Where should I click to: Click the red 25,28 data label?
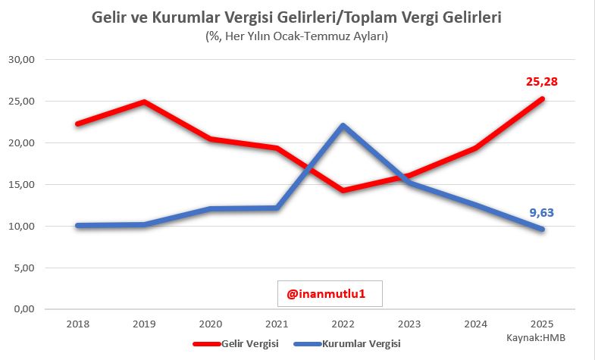pos(542,81)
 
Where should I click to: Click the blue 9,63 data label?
pos(542,213)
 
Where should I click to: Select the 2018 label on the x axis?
pos(77,324)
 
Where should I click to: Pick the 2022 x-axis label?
pos(343,324)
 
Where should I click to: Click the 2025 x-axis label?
pos(542,324)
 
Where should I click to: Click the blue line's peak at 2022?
pos(343,125)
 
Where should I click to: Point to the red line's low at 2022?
pos(343,190)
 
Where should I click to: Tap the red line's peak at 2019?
pos(143,102)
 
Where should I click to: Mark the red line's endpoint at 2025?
pos(542,99)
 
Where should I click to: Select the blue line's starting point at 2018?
pos(77,225)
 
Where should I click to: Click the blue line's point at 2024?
pos(475,205)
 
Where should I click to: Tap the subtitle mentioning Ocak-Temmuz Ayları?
pos(296,36)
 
